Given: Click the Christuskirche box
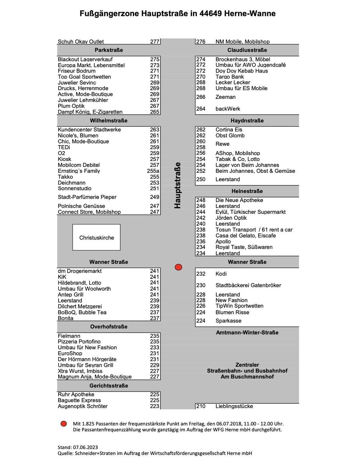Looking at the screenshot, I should tap(96, 237).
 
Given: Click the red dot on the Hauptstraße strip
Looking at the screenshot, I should tap(179, 267).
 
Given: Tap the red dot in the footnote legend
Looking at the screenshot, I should tap(64, 424).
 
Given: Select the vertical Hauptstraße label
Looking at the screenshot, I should tap(178, 185).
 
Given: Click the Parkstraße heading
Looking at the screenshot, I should tap(109, 50).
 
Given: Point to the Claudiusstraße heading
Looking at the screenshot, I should tap(247, 50).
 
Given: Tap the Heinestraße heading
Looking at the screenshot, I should tap(247, 191).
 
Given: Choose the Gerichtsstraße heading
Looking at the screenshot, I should tap(109, 386).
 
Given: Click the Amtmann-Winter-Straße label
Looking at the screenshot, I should tap(247, 333).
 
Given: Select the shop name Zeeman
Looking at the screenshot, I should tap(226, 97).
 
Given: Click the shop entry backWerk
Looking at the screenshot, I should tap(228, 109).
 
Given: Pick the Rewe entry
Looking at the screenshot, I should tap(223, 144).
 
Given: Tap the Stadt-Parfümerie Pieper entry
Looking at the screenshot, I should tap(87, 197).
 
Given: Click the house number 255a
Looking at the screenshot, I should tap(153, 171).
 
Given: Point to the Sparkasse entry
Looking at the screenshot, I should tap(228, 321).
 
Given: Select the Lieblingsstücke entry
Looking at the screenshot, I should tap(234, 406).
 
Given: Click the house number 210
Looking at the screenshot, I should tap(201, 406).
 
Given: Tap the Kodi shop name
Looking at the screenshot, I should tap(221, 274).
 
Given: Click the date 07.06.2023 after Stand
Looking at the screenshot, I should tap(85, 447).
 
